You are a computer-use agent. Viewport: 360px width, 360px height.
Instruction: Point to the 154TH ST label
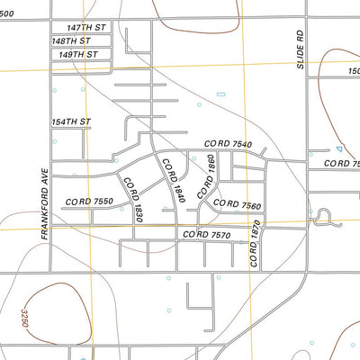point(70,121)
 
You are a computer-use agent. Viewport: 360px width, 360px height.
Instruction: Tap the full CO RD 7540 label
point(228,144)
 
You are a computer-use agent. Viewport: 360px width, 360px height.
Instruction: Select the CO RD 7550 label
point(89,202)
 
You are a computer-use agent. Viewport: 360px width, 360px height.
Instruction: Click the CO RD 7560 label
point(237,205)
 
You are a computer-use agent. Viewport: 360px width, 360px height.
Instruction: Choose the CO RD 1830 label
point(134,199)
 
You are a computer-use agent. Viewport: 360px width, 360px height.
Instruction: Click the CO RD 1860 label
point(207,175)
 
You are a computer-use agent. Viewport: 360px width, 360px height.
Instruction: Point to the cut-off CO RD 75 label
point(342,163)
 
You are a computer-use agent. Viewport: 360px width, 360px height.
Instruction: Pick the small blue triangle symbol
point(338,148)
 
